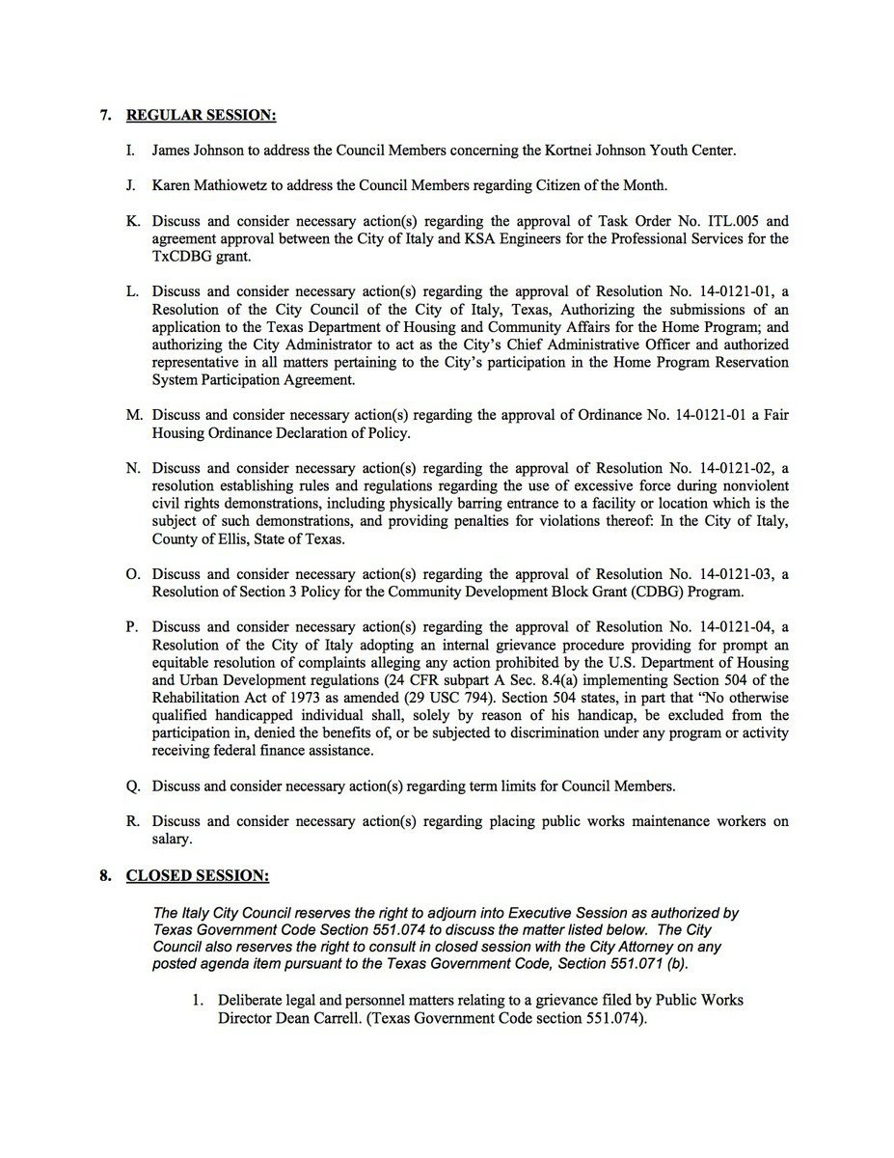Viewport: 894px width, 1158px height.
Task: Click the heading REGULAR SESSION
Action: click(201, 116)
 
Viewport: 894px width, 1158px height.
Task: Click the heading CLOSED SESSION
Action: click(198, 876)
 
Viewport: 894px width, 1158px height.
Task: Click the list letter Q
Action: click(133, 786)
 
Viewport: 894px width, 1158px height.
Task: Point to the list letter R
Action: click(133, 822)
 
